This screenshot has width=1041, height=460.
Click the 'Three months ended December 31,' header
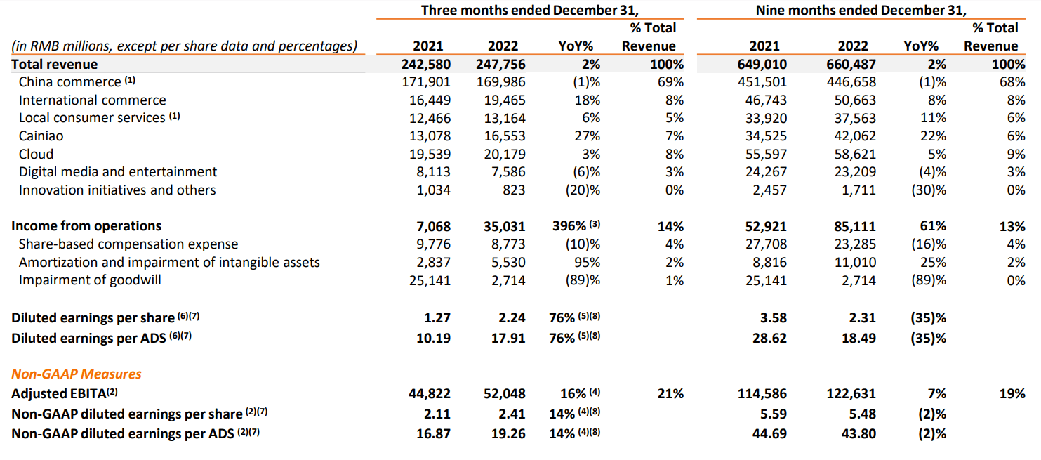pos(530,10)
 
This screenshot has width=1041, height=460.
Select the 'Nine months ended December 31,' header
pos(861,10)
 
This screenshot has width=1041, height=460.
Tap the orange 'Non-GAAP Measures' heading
pos(77,374)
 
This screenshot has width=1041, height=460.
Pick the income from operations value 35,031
pos(503,226)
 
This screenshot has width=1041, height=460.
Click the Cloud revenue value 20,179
pos(503,154)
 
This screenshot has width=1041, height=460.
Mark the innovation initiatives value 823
pos(514,190)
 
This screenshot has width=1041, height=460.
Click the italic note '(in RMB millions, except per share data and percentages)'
pos(184,46)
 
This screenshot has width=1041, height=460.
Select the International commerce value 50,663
pos(854,100)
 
